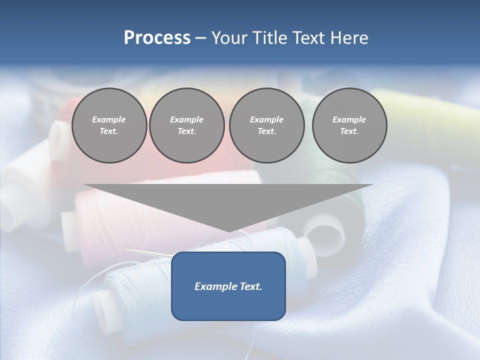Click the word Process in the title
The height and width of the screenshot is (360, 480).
tap(157, 38)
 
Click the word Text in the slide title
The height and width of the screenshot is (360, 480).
tap(310, 38)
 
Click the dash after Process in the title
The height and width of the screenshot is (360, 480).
tap(200, 38)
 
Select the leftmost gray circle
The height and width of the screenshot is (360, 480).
tap(109, 125)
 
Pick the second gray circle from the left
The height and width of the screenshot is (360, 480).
tap(186, 125)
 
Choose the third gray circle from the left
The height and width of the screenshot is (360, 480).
tap(266, 125)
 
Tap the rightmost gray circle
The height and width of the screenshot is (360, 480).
tap(349, 125)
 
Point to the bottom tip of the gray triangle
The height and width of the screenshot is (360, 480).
tap(228, 230)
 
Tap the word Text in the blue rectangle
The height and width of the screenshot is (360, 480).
tap(251, 286)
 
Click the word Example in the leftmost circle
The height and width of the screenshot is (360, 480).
tap(109, 119)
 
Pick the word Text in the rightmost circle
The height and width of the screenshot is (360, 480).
tap(349, 131)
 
